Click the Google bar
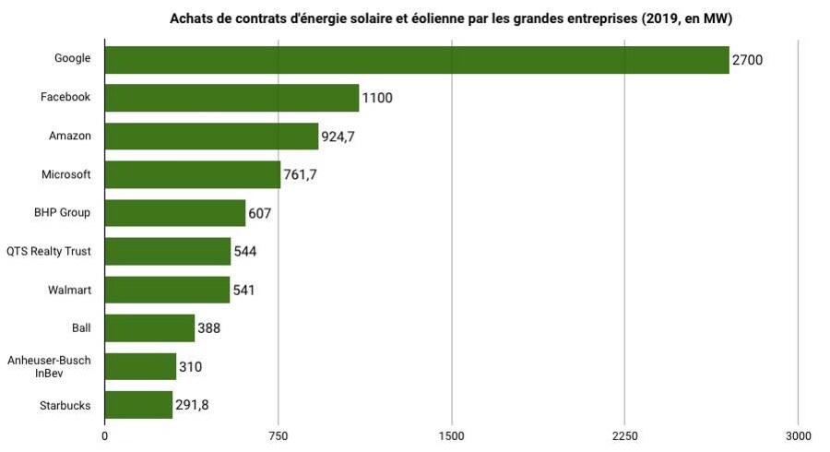[417, 59]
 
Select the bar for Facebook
[231, 98]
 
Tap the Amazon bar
[211, 137]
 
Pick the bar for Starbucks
[138, 405]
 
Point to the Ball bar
[149, 327]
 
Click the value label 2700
[747, 61]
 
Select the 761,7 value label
[300, 175]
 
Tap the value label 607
[260, 213]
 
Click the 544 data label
[245, 252]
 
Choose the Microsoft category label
[66, 174]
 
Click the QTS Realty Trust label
[49, 251]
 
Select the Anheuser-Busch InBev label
[49, 366]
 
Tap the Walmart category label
[69, 290]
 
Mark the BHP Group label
[63, 213]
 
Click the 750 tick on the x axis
[279, 435]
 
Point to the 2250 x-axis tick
[624, 435]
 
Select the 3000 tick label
[798, 435]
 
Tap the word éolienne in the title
[444, 19]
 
